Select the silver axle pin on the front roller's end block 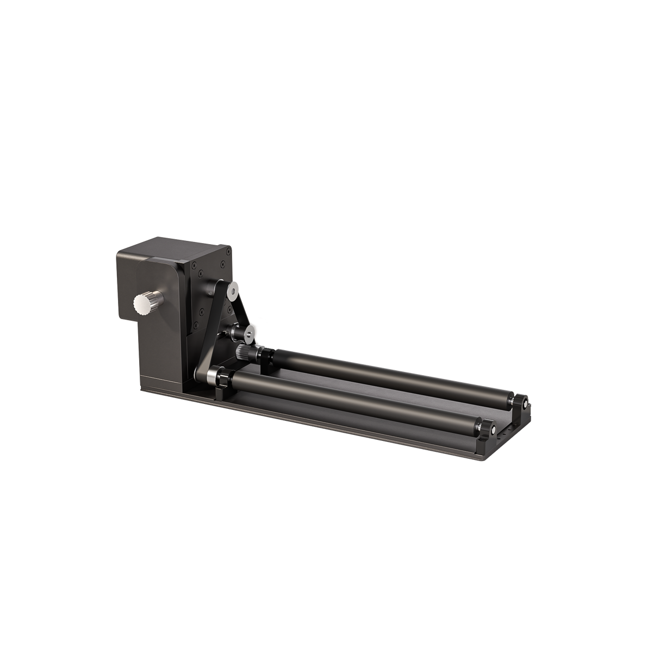click(492, 429)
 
